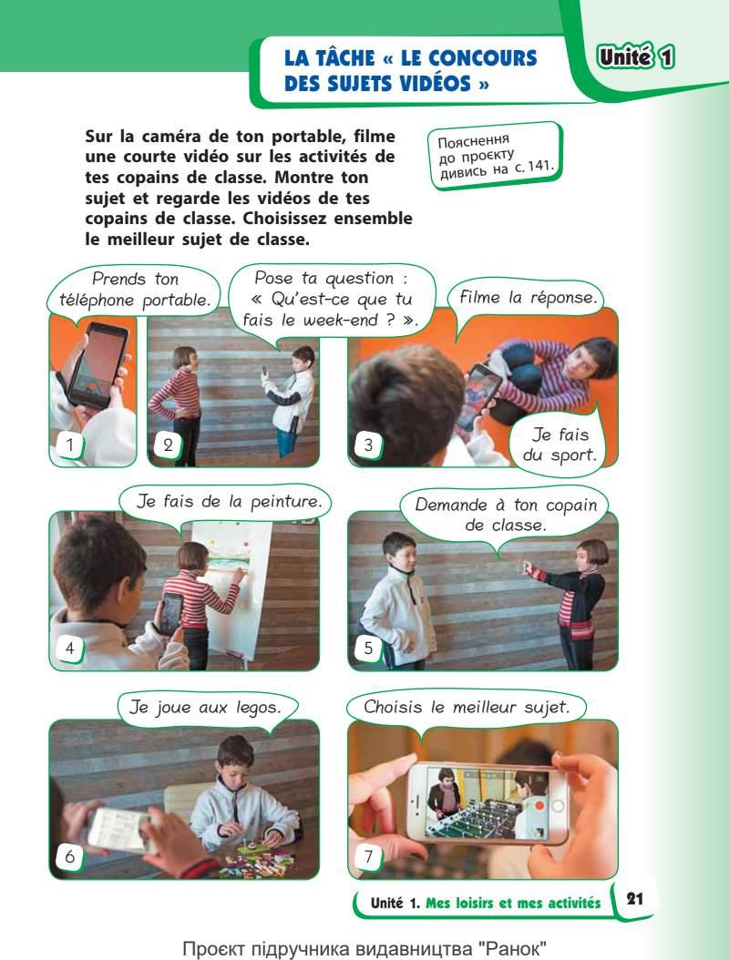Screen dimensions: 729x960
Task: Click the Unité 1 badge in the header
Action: pyautogui.click(x=636, y=57)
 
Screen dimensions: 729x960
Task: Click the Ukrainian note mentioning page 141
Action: pyautogui.click(x=495, y=156)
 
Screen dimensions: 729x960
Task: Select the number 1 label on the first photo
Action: pyautogui.click(x=69, y=444)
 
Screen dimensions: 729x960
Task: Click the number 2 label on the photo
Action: pyautogui.click(x=168, y=445)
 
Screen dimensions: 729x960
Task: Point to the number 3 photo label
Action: pyautogui.click(x=367, y=445)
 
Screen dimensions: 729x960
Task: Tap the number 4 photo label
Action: pyautogui.click(x=69, y=648)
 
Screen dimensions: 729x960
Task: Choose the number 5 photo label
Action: pyautogui.click(x=367, y=648)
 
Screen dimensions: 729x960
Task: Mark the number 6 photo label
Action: pyautogui.click(x=69, y=856)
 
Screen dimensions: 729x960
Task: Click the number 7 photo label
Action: pyautogui.click(x=367, y=856)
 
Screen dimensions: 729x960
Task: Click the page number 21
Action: pyautogui.click(x=634, y=899)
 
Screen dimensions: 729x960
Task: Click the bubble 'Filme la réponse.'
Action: pyautogui.click(x=527, y=298)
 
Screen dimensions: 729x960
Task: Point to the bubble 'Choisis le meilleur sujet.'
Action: pyautogui.click(x=467, y=708)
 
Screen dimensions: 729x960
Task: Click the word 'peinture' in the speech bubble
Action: pyautogui.click(x=285, y=502)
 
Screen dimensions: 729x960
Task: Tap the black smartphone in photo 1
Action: pyautogui.click(x=98, y=364)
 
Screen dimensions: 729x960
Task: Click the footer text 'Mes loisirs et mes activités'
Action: pyautogui.click(x=513, y=903)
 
